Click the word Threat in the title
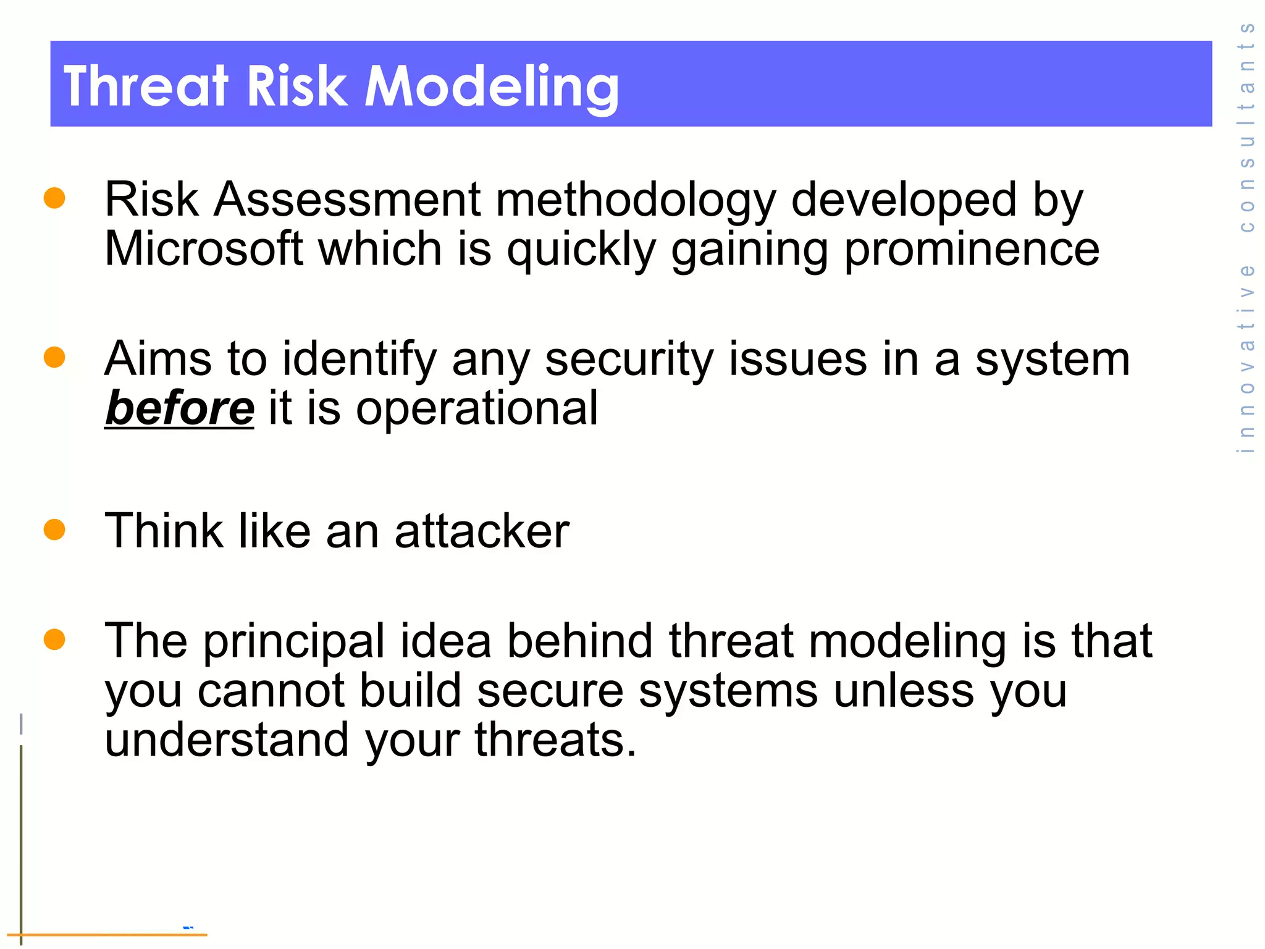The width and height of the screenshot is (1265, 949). click(146, 86)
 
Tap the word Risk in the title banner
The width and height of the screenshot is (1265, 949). click(296, 86)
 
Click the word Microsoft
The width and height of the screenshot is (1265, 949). click(204, 249)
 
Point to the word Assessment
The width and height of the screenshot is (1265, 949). click(347, 200)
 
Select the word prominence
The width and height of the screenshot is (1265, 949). click(972, 249)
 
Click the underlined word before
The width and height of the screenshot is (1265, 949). click(179, 408)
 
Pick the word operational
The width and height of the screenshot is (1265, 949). click(476, 408)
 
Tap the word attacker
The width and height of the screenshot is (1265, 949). click(482, 531)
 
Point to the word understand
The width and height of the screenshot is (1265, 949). click(227, 740)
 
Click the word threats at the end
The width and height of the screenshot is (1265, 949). click(555, 740)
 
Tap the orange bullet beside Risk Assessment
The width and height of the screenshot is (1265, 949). click(54, 198)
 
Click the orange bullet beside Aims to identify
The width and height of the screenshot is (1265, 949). click(54, 357)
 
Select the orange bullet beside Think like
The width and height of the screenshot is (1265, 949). click(54, 529)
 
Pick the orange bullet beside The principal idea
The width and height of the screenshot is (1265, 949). click(54, 639)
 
